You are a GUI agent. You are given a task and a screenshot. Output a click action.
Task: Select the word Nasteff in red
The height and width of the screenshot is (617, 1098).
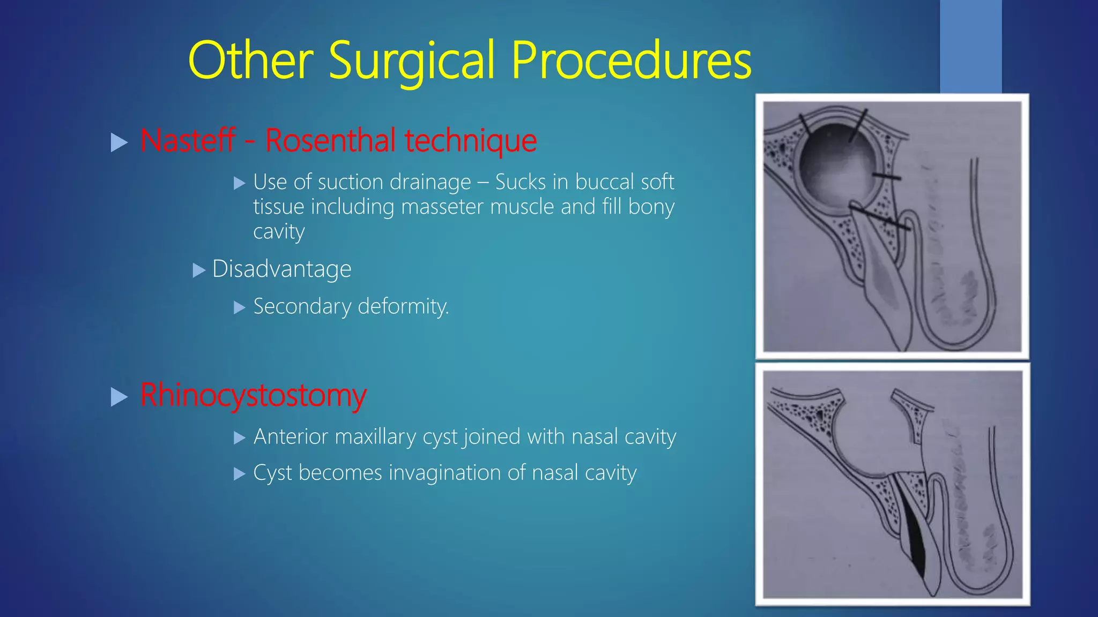pos(188,140)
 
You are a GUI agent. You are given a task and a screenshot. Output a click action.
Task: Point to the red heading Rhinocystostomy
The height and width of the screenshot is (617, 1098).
pos(253,395)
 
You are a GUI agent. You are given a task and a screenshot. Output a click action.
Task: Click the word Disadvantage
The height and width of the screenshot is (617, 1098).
pos(281,269)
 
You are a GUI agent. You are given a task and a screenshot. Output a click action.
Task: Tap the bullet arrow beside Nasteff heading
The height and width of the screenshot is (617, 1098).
pos(118,142)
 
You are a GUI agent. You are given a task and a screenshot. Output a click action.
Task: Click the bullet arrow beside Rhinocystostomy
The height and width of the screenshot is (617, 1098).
pos(118,397)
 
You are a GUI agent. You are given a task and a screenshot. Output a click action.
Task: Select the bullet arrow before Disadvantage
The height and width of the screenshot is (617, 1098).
pos(199,270)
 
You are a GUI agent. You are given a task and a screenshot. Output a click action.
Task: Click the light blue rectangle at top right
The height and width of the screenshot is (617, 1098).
pos(970,46)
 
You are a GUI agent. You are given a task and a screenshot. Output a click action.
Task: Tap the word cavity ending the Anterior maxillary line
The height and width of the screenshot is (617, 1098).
pos(650,437)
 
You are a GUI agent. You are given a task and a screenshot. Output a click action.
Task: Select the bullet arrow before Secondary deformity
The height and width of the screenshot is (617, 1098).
pos(239,307)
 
